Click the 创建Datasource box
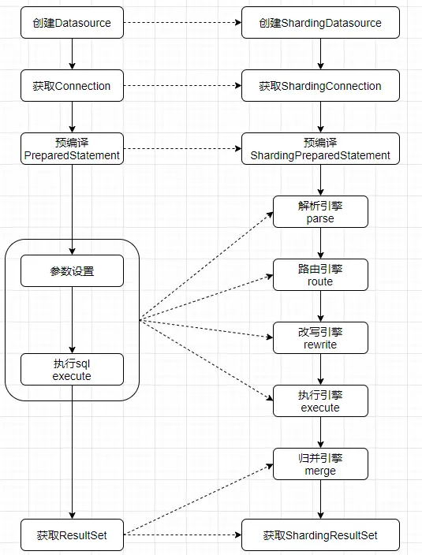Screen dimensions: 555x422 pyautogui.click(x=72, y=23)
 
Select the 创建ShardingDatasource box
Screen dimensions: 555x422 pyautogui.click(x=320, y=23)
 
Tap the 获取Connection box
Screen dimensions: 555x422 pyautogui.click(x=72, y=85)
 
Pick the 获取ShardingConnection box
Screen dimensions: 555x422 pyautogui.click(x=320, y=85)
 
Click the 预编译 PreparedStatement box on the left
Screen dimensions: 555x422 pyautogui.click(x=72, y=148)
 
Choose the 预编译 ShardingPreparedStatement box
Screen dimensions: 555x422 pyautogui.click(x=320, y=148)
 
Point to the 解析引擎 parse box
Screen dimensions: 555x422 pyautogui.click(x=320, y=211)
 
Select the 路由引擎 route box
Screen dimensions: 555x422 pyautogui.click(x=320, y=274)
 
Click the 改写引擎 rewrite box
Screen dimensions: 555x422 pyautogui.click(x=320, y=337)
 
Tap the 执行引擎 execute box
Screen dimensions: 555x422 pyautogui.click(x=320, y=400)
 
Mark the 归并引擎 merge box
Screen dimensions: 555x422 pyautogui.click(x=320, y=464)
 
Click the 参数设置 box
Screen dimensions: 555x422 pyautogui.click(x=72, y=270)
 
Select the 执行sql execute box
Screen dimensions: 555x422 pyautogui.click(x=72, y=369)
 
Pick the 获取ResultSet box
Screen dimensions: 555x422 pyautogui.click(x=72, y=535)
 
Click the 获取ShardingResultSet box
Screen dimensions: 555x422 pyautogui.click(x=320, y=535)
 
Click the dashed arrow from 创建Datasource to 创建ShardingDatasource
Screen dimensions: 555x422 pyautogui.click(x=181, y=23)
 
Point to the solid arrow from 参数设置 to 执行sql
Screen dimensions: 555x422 pyautogui.click(x=72, y=319)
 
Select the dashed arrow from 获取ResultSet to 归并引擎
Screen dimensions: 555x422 pyautogui.click(x=197, y=500)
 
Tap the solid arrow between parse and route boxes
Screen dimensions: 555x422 pyautogui.click(x=320, y=243)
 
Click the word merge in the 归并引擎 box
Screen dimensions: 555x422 pyautogui.click(x=320, y=471)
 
